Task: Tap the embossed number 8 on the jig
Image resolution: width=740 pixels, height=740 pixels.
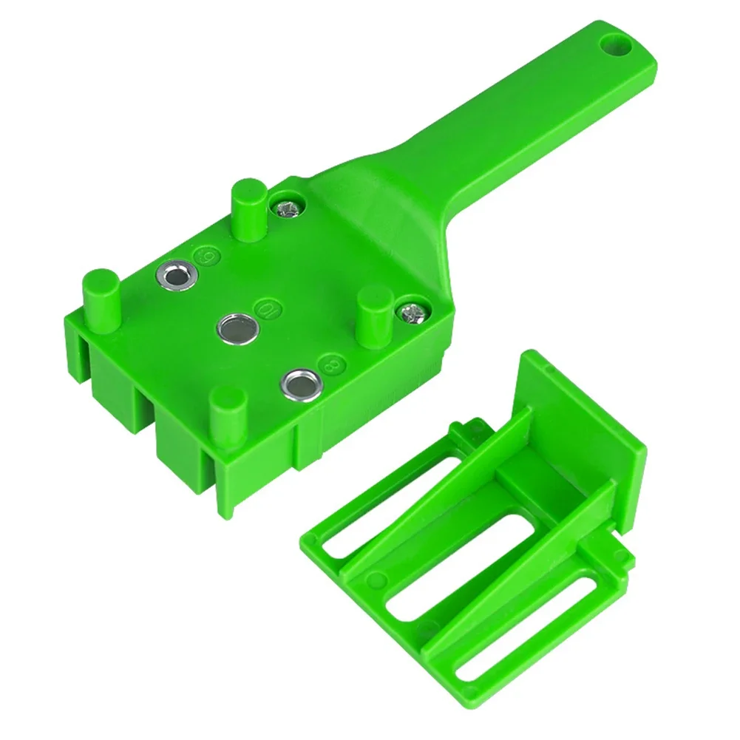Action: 322,362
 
